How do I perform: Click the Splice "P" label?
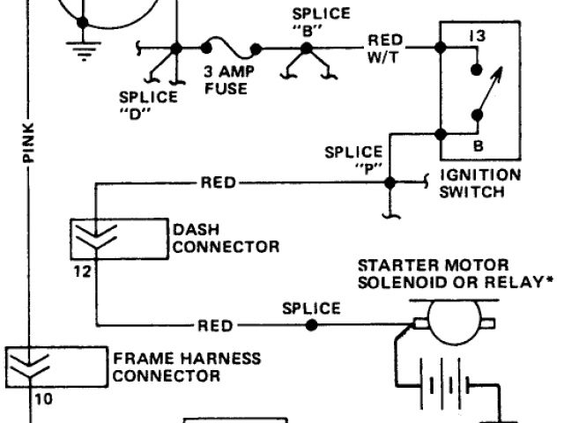354,160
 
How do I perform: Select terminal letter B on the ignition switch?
477,144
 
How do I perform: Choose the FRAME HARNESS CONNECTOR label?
186,367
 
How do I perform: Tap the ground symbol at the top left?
84,48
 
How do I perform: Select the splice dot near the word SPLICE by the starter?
311,324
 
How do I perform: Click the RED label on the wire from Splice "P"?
218,182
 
